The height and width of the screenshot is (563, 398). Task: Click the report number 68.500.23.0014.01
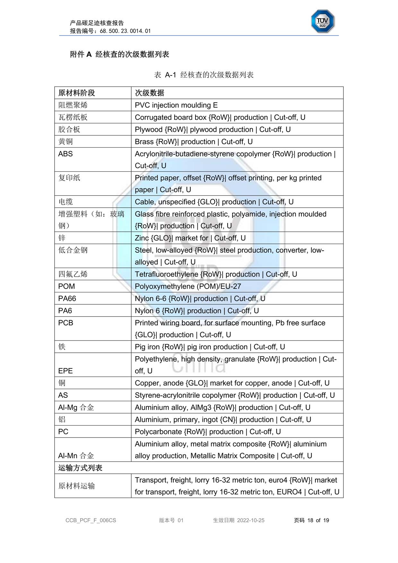(x=125, y=31)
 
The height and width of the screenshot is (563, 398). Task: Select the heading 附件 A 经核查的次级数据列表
(x=119, y=54)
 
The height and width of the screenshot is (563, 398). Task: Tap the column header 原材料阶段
(x=77, y=93)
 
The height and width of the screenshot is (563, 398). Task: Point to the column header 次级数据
(x=150, y=93)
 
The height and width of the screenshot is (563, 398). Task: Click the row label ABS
(x=65, y=154)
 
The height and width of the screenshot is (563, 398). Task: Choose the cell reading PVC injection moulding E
(x=176, y=105)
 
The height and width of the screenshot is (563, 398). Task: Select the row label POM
(x=66, y=286)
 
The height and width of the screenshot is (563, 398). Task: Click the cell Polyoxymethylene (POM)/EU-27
(x=188, y=286)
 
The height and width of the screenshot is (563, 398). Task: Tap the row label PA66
(x=67, y=299)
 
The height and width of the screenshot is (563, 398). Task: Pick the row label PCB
(x=66, y=323)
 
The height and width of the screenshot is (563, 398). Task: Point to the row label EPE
(x=65, y=371)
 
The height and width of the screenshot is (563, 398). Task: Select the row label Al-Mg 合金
(x=76, y=408)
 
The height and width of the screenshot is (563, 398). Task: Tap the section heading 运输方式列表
(x=80, y=468)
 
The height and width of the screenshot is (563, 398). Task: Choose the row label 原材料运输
(x=77, y=486)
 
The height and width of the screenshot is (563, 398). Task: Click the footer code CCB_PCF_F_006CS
(x=91, y=520)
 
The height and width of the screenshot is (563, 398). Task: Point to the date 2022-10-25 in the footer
(x=251, y=520)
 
